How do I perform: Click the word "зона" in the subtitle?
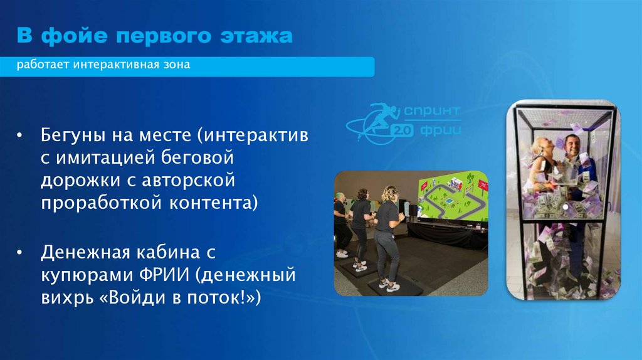tap(174, 65)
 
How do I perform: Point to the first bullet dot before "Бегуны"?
tap(21, 135)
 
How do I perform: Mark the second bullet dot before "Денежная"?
tap(21, 252)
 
